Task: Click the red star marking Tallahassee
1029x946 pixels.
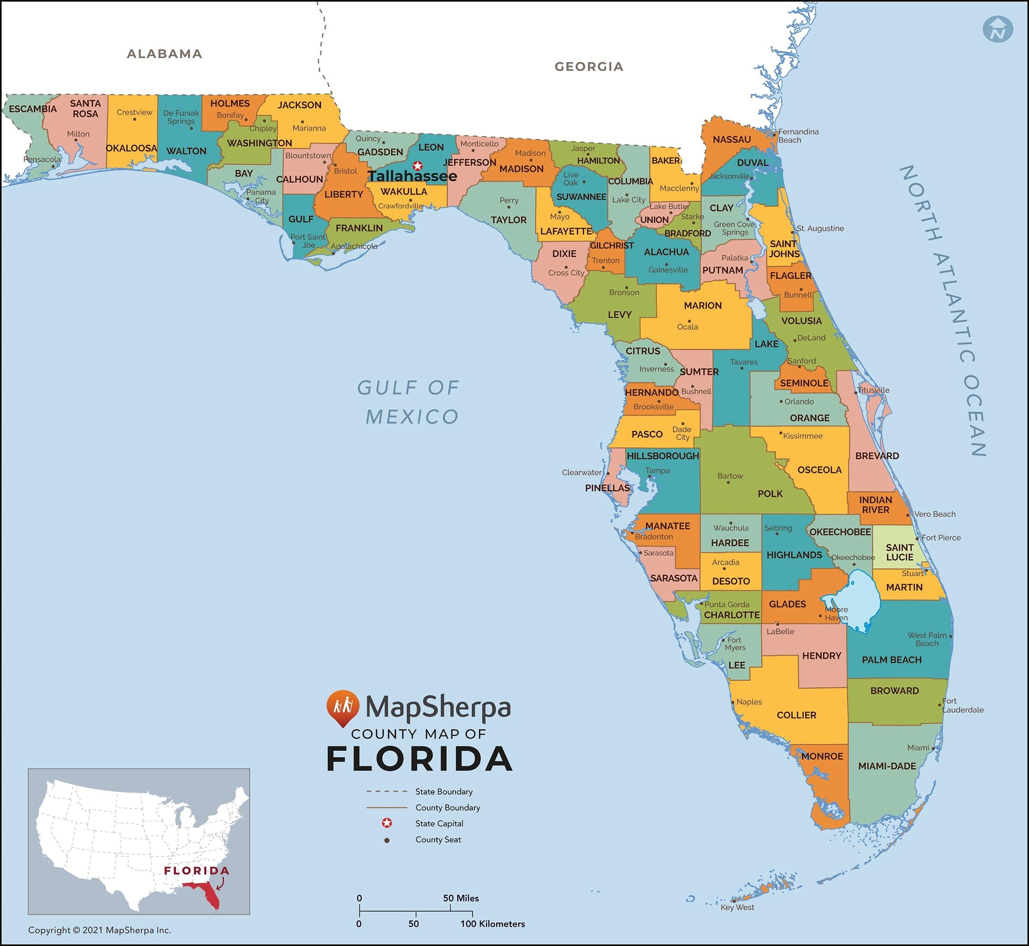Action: coord(418,165)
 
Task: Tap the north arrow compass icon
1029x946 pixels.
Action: coord(998,29)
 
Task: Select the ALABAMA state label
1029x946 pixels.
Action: coord(164,54)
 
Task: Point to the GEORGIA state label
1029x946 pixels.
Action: coord(589,67)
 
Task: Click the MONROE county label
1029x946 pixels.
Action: coord(822,756)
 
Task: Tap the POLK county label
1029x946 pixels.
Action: coord(770,494)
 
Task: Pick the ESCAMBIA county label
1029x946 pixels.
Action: coord(33,109)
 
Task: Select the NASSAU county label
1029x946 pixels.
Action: coord(732,139)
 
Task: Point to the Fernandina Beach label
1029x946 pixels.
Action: coord(798,136)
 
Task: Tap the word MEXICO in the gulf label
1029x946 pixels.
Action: coord(412,417)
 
